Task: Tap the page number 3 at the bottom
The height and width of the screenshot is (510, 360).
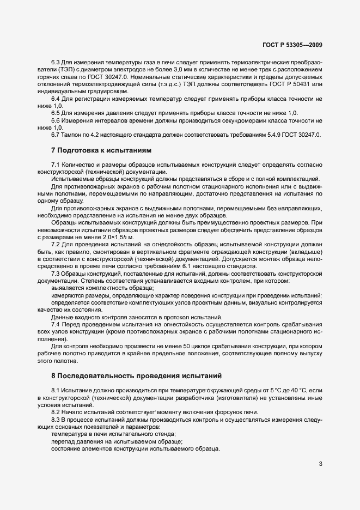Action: click(x=321, y=464)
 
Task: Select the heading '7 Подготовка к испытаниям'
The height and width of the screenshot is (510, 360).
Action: click(x=101, y=149)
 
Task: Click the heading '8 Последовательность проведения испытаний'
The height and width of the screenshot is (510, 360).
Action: click(x=136, y=376)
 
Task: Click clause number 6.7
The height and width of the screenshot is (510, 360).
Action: click(x=56, y=135)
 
